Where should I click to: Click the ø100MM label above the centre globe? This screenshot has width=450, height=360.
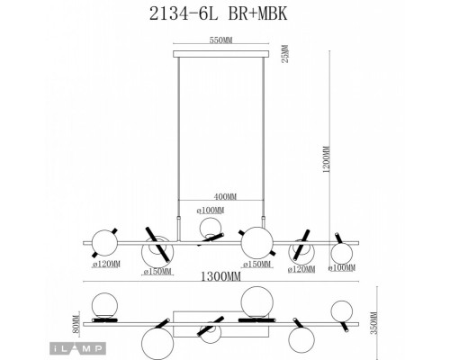click(211, 211)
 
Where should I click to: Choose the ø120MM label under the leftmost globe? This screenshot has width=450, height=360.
click(107, 266)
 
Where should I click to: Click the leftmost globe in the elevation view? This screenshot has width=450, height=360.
click(105, 242)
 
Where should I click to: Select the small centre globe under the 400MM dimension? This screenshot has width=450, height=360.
click(210, 229)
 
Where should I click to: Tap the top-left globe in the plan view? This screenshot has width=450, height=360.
click(101, 303)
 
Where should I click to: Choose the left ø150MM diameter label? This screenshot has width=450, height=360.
click(157, 273)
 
